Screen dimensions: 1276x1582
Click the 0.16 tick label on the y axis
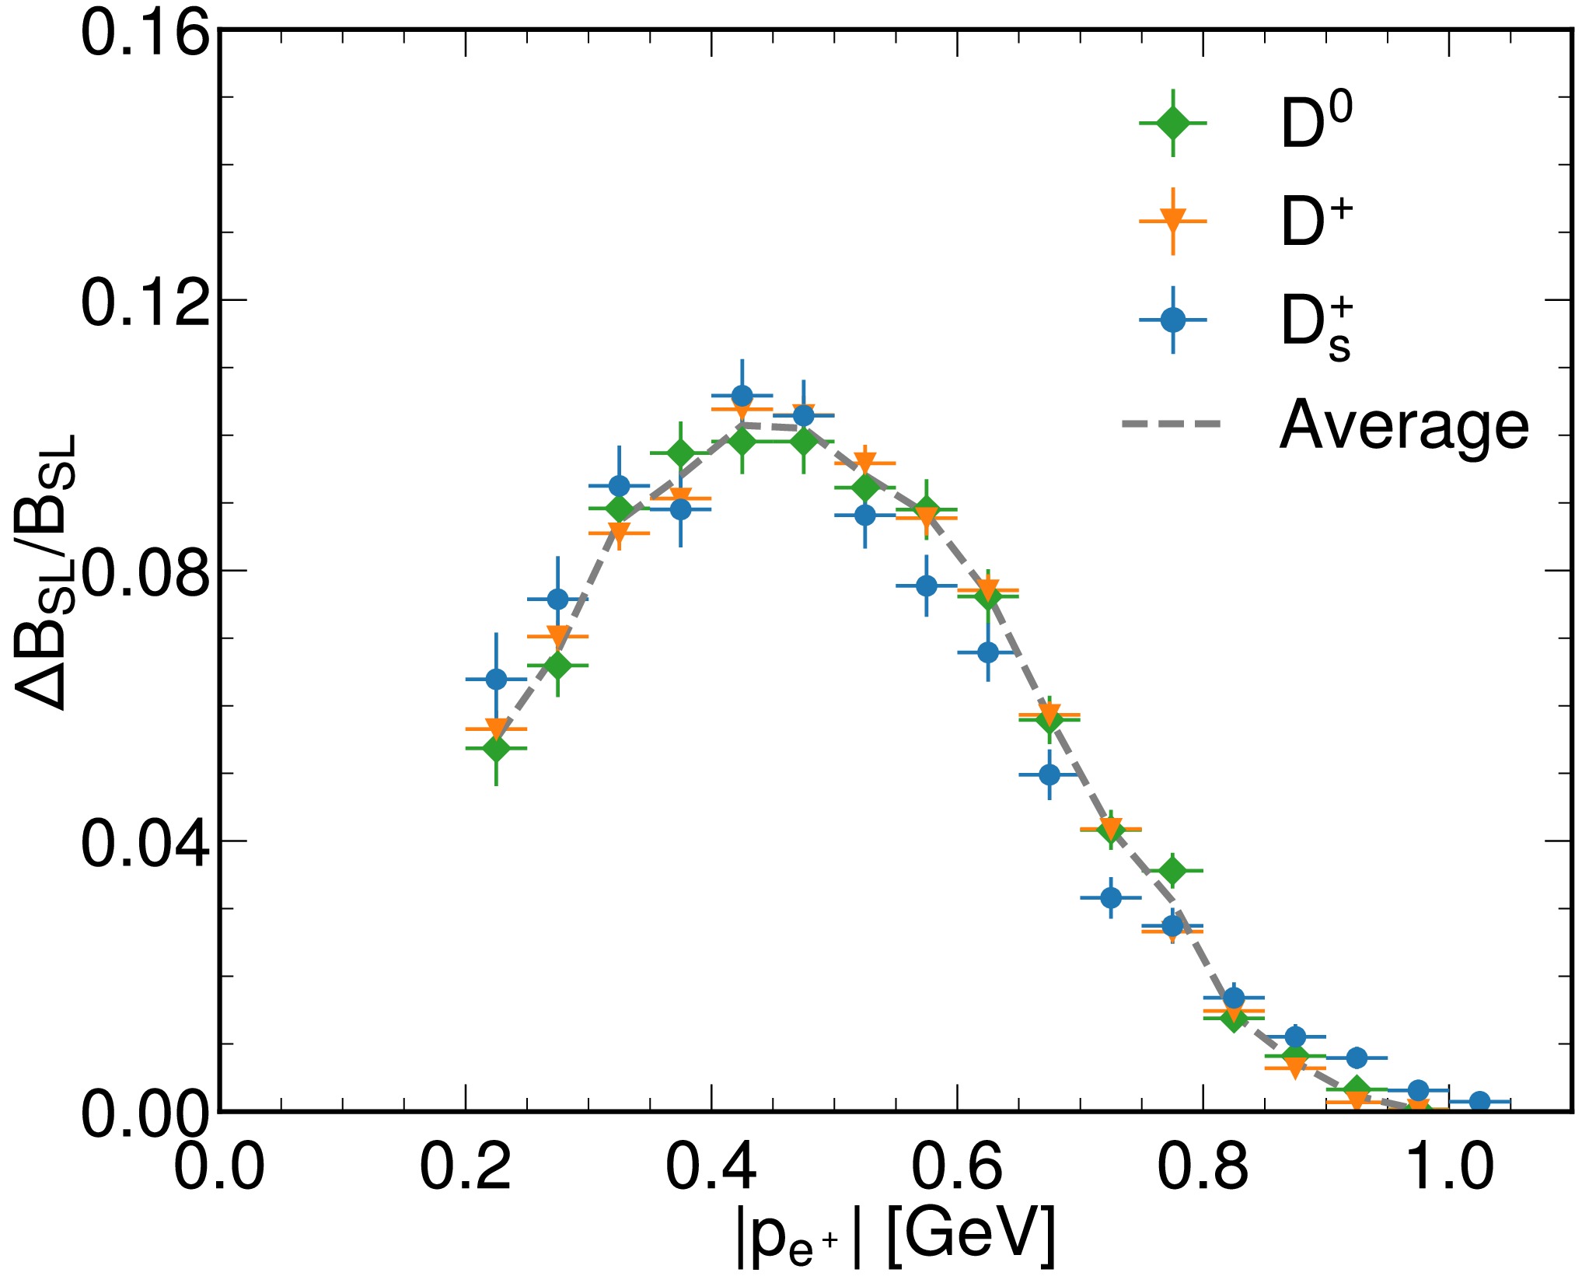146,36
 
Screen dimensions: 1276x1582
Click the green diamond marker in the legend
1173,123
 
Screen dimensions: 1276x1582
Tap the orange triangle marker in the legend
1173,221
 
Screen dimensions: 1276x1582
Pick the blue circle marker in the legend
1173,320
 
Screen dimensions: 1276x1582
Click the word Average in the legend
1404,425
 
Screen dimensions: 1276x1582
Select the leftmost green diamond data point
496,748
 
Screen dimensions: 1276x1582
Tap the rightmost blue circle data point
1480,1101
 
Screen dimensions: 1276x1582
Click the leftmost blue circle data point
496,679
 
